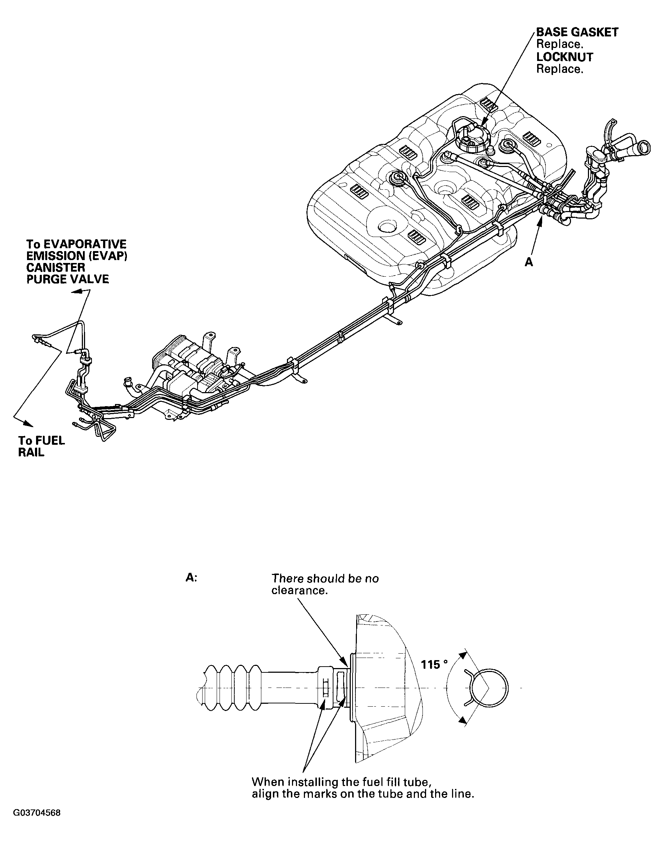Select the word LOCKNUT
point(565,57)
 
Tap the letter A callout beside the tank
point(529,263)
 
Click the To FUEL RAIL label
point(41,446)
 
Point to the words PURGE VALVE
point(67,279)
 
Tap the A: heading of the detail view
point(191,578)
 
